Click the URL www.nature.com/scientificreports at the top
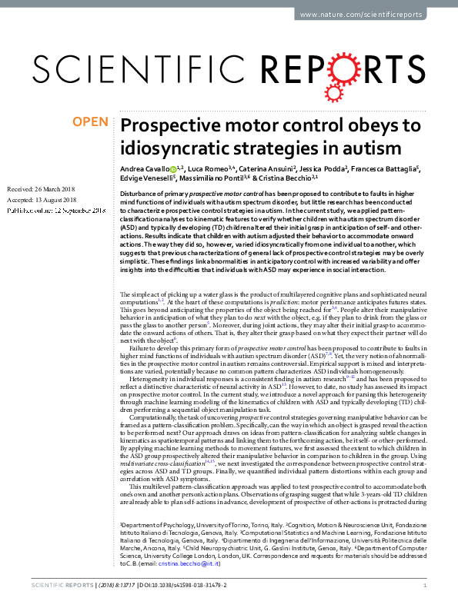pyautogui.click(x=375, y=15)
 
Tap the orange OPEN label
pyautogui.click(x=90, y=121)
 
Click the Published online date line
pyautogui.click(x=55, y=210)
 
